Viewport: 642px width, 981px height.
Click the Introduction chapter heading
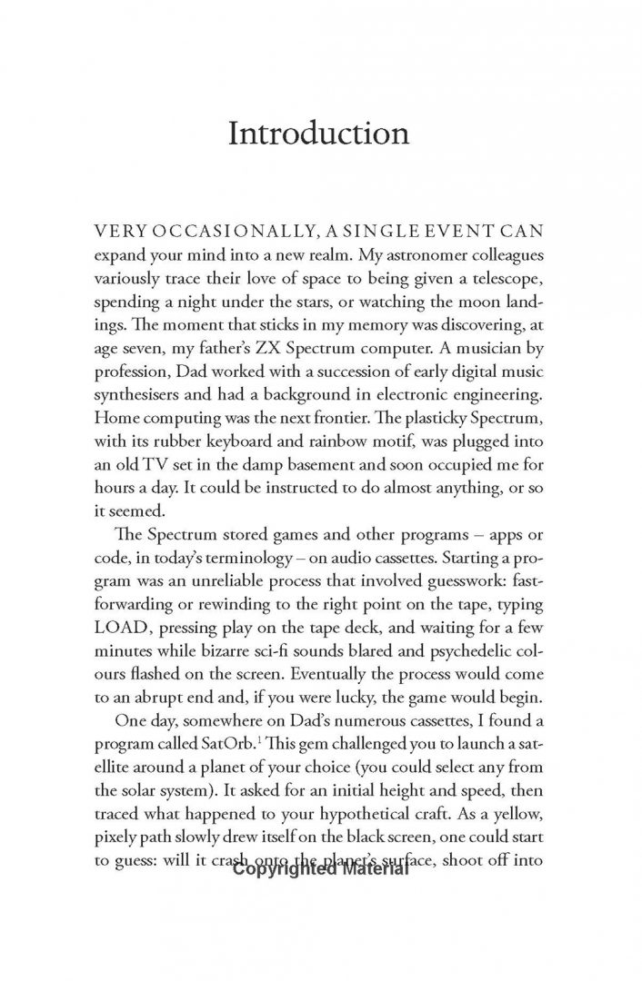(x=318, y=134)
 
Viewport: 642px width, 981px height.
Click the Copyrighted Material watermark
(x=320, y=869)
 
